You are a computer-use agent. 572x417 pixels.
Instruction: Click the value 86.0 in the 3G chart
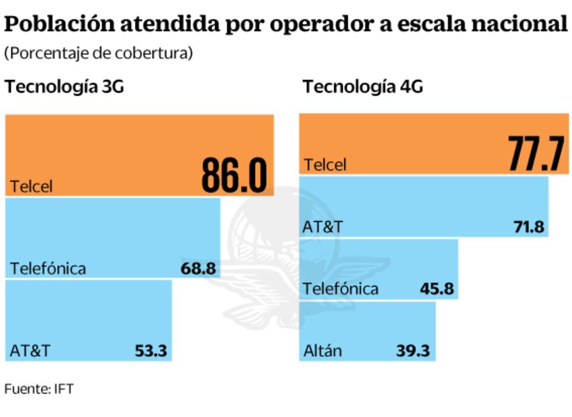click(x=234, y=176)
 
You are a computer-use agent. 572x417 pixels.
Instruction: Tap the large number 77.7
click(x=535, y=155)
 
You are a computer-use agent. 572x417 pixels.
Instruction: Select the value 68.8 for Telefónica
click(x=198, y=269)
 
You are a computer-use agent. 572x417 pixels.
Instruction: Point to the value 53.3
click(x=151, y=350)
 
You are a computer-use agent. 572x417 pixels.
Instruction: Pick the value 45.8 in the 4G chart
click(x=436, y=290)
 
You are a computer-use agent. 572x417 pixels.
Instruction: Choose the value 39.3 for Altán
click(x=413, y=350)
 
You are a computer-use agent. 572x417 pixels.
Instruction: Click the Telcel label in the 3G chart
click(x=31, y=186)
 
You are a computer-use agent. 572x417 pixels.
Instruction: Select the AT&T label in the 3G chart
click(x=30, y=350)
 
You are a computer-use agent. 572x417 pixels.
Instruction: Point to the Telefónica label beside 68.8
click(x=48, y=269)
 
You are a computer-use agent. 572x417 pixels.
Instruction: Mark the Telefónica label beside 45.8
click(x=341, y=290)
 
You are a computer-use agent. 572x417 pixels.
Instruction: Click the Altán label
click(x=323, y=350)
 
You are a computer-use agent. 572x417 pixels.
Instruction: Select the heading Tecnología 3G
click(x=65, y=87)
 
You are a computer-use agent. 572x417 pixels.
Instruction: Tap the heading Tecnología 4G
click(x=362, y=87)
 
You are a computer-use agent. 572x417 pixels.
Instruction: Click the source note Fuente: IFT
click(x=38, y=389)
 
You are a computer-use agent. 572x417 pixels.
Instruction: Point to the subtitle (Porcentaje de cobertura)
click(x=99, y=54)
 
